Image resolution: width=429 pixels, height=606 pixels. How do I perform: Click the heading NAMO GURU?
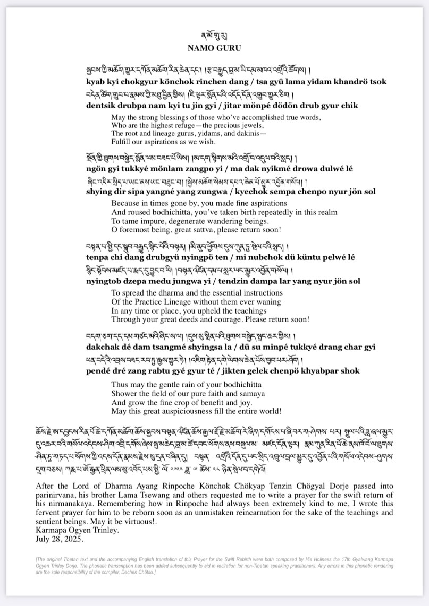pyautogui.click(x=214, y=48)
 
